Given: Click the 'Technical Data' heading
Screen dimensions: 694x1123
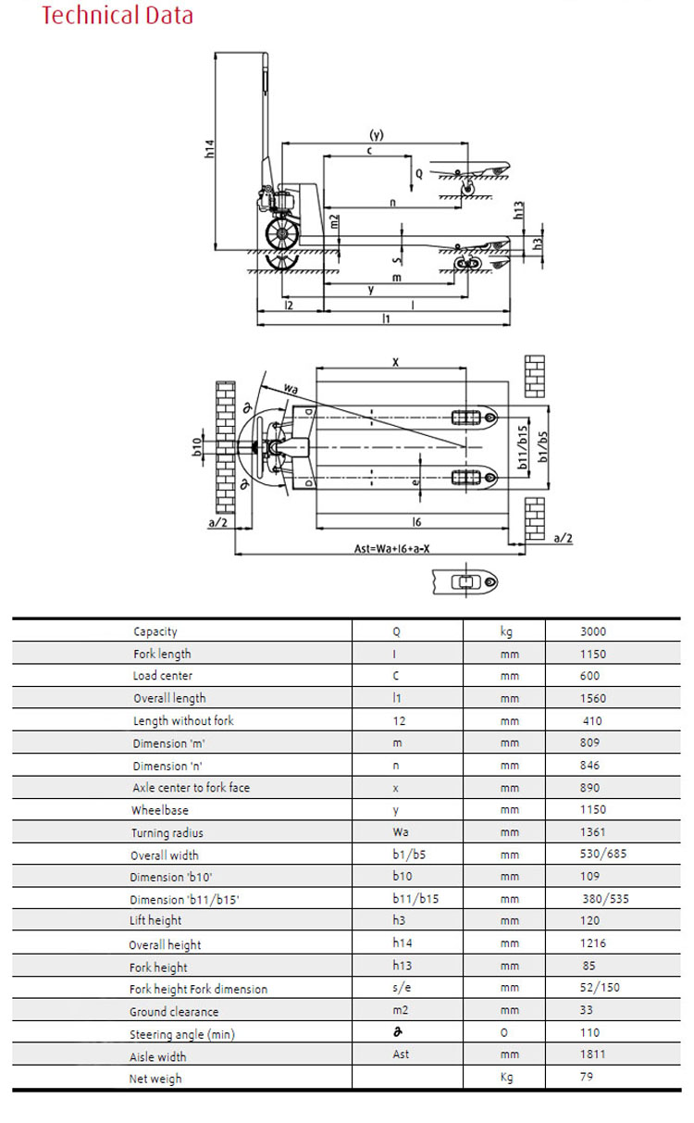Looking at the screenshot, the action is click(x=118, y=15).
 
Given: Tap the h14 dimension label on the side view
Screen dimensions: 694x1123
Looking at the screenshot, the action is click(x=209, y=149).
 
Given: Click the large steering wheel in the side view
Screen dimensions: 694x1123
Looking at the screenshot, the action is click(x=282, y=233).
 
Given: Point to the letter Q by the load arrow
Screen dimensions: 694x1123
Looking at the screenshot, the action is click(x=419, y=173).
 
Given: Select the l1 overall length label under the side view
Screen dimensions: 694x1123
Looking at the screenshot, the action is click(x=386, y=318).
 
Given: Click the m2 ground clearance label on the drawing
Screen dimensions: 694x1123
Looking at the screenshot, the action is click(x=334, y=221).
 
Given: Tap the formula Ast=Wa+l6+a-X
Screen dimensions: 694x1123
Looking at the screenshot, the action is click(x=391, y=548).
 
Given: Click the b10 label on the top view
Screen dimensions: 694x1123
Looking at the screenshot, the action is click(x=196, y=446).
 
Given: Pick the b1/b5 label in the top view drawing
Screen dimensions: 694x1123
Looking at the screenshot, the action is click(x=542, y=446).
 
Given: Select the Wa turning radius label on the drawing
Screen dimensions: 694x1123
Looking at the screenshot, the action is click(x=291, y=388).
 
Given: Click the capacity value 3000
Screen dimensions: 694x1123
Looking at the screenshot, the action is click(x=593, y=631).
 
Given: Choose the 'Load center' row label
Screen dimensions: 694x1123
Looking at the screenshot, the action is click(x=162, y=676).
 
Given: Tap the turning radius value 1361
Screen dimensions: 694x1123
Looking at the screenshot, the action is click(x=593, y=832).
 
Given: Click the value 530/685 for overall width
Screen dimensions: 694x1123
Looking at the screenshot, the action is click(x=603, y=854).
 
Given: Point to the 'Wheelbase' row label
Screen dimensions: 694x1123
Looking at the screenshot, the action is click(x=160, y=810).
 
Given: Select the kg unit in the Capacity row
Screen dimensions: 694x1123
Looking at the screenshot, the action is click(x=506, y=631).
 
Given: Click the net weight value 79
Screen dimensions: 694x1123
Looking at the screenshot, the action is click(x=587, y=1077).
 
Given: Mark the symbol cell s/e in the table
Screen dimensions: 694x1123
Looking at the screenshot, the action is click(x=402, y=987).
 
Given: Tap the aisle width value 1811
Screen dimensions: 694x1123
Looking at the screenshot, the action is click(x=593, y=1054).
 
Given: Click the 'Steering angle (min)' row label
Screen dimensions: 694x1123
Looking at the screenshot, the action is click(x=182, y=1034).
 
